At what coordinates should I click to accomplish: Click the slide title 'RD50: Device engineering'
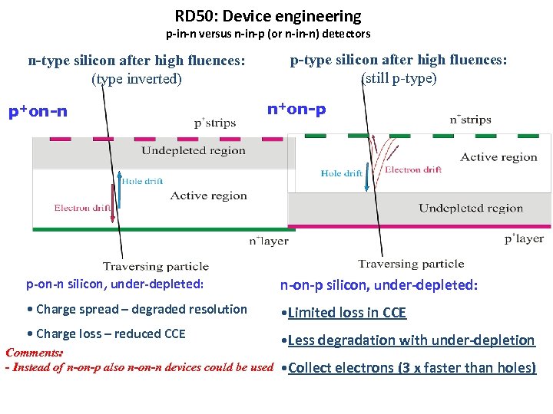pos(267,15)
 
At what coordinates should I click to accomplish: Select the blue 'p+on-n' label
pos(38,112)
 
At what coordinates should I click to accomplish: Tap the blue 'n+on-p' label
pos(296,109)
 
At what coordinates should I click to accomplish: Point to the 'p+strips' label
pos(214,122)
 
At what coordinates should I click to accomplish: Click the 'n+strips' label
pos(470,120)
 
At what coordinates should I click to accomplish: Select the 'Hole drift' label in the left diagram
pos(143,181)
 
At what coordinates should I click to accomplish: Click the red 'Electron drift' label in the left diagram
pos(83,208)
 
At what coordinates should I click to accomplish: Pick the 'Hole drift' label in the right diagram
pos(342,173)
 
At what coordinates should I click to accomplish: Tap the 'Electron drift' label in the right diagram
pos(413,169)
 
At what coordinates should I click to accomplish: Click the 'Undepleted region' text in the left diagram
pos(194,150)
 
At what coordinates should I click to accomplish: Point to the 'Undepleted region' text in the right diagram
pos(471,208)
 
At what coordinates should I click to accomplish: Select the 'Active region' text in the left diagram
pos(209,195)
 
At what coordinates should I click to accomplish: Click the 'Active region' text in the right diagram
pos(498,157)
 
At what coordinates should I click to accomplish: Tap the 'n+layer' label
pos(268,241)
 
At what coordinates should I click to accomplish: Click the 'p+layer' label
pos(524,238)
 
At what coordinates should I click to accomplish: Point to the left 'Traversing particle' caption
pos(155,266)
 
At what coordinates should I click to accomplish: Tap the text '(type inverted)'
pos(137,78)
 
